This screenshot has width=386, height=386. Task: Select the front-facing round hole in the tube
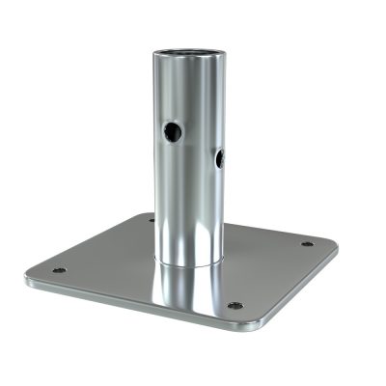coord(172,132)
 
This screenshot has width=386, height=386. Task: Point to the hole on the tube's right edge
coord(219,158)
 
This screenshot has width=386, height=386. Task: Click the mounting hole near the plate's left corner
coord(59,270)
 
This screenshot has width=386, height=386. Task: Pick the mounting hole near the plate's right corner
coord(307,244)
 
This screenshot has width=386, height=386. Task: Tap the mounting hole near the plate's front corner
coord(234,306)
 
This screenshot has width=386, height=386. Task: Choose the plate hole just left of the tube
coord(152,220)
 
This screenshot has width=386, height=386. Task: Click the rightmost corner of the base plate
coord(337,245)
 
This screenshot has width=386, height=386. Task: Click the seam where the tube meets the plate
coord(189,262)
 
